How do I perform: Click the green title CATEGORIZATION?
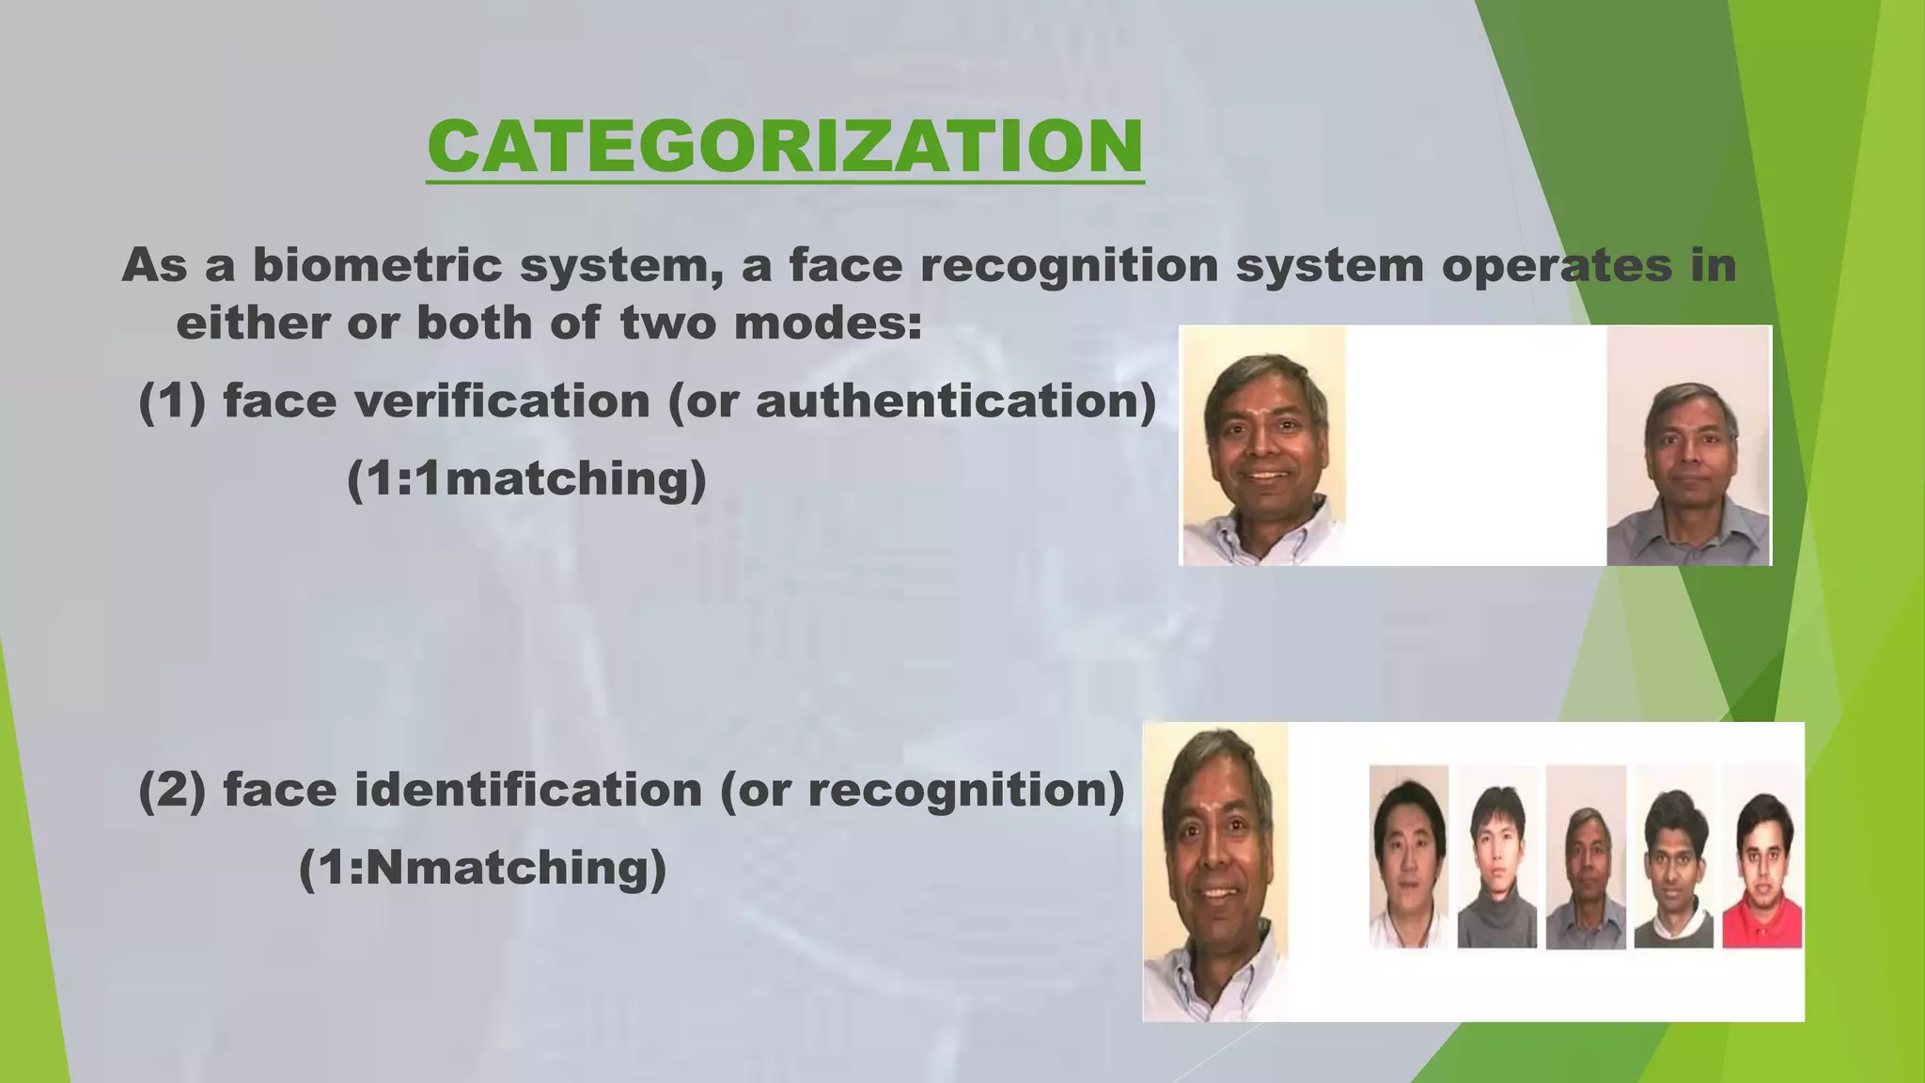(785, 147)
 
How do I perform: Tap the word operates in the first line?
(1556, 265)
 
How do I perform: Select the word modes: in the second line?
(827, 323)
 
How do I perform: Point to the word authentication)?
(956, 401)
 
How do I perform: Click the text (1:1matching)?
(526, 479)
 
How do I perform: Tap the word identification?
(528, 790)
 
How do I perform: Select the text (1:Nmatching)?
(482, 867)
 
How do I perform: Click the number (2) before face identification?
(172, 790)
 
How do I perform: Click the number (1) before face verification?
(172, 401)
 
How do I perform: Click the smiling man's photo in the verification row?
(1263, 447)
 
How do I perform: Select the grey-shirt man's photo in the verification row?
(1688, 447)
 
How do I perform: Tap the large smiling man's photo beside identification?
(1215, 871)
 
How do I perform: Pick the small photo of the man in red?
(1762, 857)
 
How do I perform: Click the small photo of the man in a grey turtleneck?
(1497, 857)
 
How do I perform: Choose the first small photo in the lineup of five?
(1408, 857)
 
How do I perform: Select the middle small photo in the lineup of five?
(1586, 857)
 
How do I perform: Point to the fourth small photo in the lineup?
(1674, 857)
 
